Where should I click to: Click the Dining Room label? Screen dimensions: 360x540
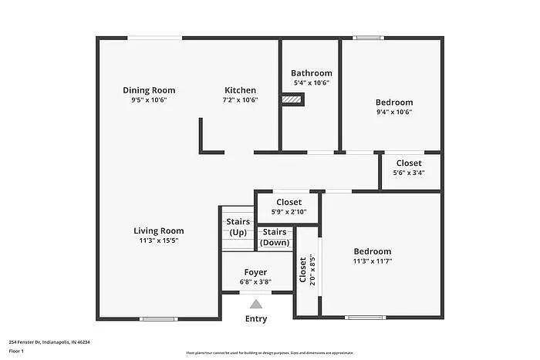149,90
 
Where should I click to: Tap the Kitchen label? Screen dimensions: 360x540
240,90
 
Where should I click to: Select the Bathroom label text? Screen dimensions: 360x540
311,73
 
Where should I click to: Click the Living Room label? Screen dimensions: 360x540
158,230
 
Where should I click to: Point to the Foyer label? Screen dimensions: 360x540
255,272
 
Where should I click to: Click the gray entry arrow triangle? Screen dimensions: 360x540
256,304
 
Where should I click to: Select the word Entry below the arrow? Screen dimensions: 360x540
256,318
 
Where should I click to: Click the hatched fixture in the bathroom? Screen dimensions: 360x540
292,98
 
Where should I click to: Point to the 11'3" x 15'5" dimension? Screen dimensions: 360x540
158,241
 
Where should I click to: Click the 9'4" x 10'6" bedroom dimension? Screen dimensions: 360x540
393,112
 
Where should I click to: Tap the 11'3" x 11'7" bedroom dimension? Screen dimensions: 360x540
372,261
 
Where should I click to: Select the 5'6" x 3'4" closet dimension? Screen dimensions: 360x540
408,173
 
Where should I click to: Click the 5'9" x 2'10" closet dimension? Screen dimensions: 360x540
289,212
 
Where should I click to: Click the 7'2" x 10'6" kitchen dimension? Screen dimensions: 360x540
240,99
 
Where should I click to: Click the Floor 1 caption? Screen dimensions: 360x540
16,352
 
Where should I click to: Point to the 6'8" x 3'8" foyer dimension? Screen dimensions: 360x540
255,282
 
